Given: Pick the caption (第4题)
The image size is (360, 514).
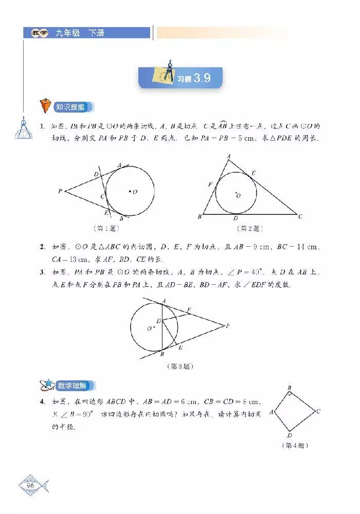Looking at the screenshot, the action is click(x=296, y=445).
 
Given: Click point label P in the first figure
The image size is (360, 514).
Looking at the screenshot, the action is click(x=60, y=191).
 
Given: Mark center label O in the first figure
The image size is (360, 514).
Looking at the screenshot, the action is click(x=135, y=192).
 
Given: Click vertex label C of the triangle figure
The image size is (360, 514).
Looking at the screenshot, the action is click(x=300, y=217).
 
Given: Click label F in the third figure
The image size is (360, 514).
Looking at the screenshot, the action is click(x=189, y=309).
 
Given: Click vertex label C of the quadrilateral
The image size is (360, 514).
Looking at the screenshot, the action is click(x=319, y=411).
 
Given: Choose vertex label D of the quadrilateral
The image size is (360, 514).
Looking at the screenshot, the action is click(x=290, y=435).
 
